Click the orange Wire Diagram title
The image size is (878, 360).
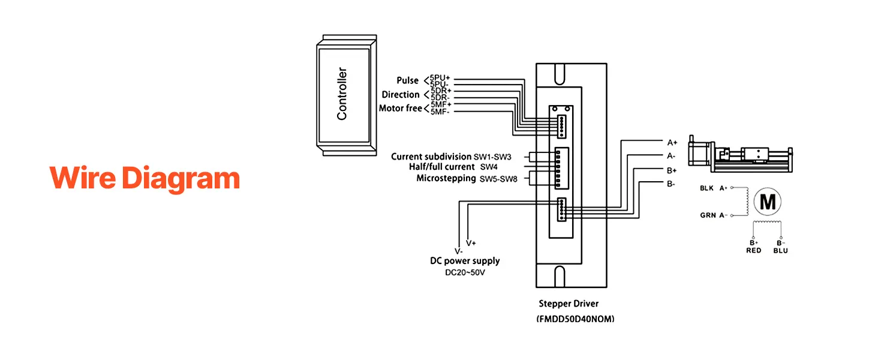(145, 179)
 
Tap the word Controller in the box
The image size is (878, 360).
(342, 94)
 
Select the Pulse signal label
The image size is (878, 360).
(407, 80)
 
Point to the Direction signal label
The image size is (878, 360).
(400, 95)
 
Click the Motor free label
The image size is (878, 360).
(400, 109)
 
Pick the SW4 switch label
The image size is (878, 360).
(489, 166)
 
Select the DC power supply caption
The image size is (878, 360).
(465, 261)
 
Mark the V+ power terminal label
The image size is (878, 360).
(471, 243)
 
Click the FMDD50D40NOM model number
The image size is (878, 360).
(575, 320)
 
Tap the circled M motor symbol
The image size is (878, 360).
(768, 202)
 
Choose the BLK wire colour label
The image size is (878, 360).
(706, 188)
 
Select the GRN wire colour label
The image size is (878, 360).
(706, 215)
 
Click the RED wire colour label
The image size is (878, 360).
(753, 250)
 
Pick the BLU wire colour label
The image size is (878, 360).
(780, 250)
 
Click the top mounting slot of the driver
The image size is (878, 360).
(559, 74)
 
